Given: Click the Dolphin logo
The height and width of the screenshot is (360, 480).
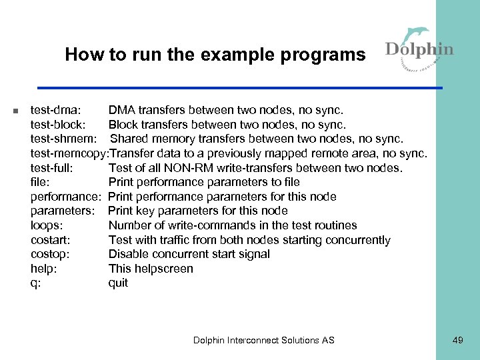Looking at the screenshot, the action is (419, 47).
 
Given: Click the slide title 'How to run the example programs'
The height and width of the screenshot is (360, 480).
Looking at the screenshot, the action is (215, 55).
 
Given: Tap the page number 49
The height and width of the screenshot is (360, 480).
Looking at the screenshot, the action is (457, 340).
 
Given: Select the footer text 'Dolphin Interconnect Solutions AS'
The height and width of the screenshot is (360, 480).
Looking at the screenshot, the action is (264, 340).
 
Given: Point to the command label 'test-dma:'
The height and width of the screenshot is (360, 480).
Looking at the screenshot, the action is (56, 110).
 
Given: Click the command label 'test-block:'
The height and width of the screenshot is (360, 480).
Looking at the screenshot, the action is (59, 125).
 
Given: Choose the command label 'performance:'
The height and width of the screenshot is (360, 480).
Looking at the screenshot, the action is (65, 197).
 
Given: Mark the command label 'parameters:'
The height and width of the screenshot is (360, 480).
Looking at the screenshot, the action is (64, 211).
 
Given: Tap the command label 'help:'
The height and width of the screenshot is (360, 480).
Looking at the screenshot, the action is (44, 269).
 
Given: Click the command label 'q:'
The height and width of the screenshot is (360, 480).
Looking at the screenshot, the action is (36, 283).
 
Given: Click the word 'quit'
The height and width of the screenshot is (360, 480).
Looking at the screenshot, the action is (118, 283).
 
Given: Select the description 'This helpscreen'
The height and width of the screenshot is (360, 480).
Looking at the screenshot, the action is (151, 269).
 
